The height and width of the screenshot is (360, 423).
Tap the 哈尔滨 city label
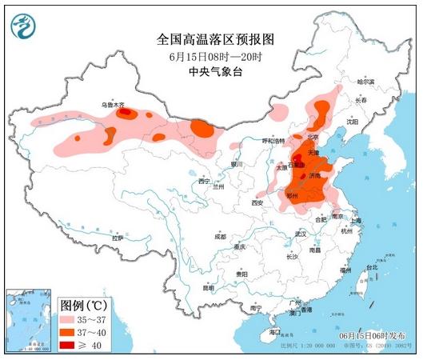pos(366,82)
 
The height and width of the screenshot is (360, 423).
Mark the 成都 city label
pos(221,237)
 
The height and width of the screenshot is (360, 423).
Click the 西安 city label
pos(257,204)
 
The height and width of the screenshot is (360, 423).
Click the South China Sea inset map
pos(28,320)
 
